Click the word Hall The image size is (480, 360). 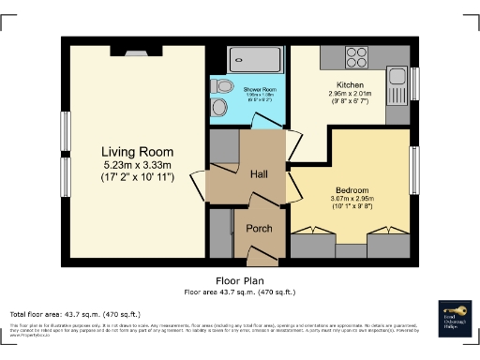[260, 174]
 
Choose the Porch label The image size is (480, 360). [259, 229]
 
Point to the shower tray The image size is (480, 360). [257, 58]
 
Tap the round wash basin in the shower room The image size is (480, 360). [220, 108]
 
